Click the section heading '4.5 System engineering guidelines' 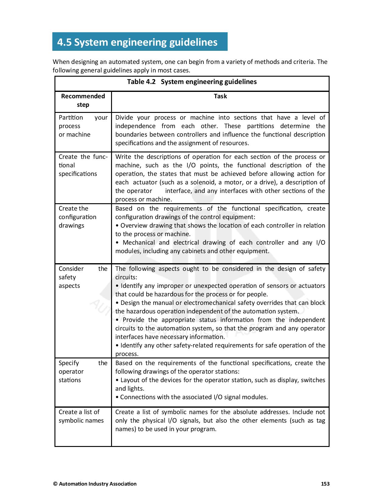[x=137, y=42]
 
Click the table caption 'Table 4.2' [x=141, y=82]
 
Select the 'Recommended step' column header [x=83, y=100]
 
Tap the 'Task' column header [x=220, y=96]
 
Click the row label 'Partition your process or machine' [x=83, y=126]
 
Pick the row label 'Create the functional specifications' [x=83, y=165]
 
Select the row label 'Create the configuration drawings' [x=77, y=217]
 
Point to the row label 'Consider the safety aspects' [x=83, y=277]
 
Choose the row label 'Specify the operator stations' [x=83, y=371]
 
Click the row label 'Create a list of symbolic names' [x=81, y=416]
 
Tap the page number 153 [x=325, y=484]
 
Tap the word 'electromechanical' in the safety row [x=209, y=303]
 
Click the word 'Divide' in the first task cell [x=124, y=117]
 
